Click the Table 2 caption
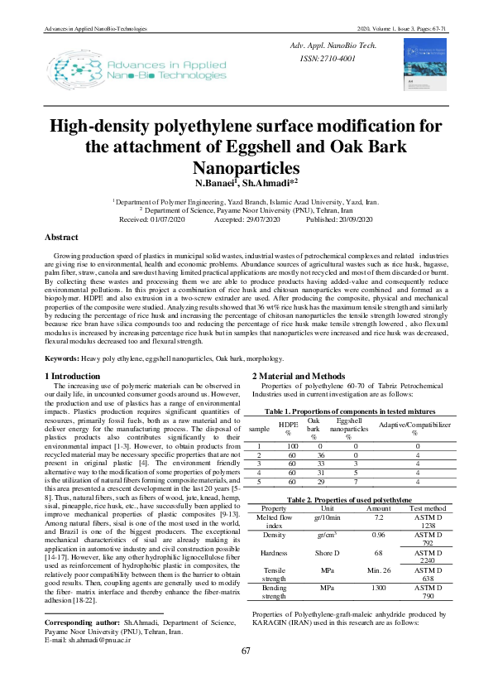(348, 501)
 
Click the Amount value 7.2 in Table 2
(379, 517)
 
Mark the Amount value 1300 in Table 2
(379, 587)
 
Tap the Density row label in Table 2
(274, 535)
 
